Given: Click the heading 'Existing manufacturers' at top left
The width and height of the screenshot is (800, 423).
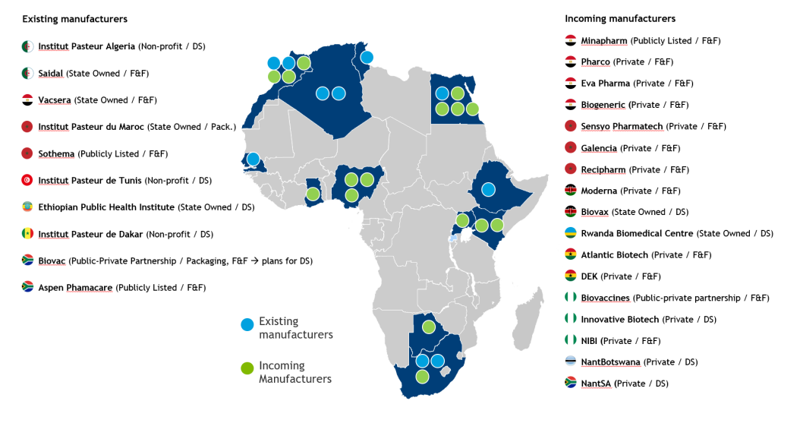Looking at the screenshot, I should (x=74, y=18).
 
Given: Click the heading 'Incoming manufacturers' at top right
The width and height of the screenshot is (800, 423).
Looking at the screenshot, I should (x=619, y=18).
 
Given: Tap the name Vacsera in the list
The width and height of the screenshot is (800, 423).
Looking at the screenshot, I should (x=56, y=100).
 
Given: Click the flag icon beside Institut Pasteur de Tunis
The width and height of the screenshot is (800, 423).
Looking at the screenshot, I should (x=27, y=181).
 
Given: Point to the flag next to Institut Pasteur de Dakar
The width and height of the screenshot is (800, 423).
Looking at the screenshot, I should (x=27, y=234).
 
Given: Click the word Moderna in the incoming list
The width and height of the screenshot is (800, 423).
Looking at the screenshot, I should (x=599, y=191).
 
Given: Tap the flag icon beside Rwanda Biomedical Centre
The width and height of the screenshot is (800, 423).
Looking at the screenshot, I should (x=571, y=233).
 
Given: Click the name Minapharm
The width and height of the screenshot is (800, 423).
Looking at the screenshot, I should (x=604, y=40).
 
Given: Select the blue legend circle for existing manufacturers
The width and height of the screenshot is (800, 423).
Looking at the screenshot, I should (x=247, y=325).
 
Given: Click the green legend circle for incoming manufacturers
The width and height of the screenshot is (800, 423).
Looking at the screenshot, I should (x=247, y=368).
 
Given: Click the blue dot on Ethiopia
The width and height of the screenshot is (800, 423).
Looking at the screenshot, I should (x=489, y=189).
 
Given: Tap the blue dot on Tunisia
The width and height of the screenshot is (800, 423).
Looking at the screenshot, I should (x=367, y=57).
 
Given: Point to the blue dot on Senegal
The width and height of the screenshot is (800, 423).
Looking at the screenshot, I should (x=253, y=159).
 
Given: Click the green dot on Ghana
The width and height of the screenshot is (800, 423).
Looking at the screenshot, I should (x=313, y=194).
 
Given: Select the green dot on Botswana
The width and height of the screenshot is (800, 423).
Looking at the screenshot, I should (x=428, y=327).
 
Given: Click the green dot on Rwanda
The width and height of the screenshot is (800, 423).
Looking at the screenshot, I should (x=461, y=221).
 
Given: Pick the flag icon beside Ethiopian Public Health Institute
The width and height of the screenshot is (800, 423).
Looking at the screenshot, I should (x=27, y=207).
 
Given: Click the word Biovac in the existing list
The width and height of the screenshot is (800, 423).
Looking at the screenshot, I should (x=52, y=261).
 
